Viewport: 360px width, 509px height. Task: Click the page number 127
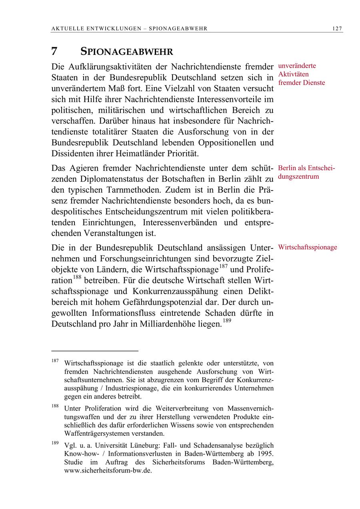(337, 28)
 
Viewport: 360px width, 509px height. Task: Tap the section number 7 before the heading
(54, 52)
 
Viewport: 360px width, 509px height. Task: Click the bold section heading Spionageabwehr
(127, 52)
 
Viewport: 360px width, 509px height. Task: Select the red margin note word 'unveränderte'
(297, 66)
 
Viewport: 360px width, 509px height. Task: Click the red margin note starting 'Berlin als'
(306, 168)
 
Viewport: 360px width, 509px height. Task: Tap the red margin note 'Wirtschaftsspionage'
(308, 247)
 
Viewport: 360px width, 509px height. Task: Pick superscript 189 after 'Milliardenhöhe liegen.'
(227, 320)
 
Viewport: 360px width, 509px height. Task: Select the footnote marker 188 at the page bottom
(55, 406)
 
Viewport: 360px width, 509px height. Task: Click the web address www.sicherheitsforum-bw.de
(108, 470)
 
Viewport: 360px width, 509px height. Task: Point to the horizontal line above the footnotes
(94, 351)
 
